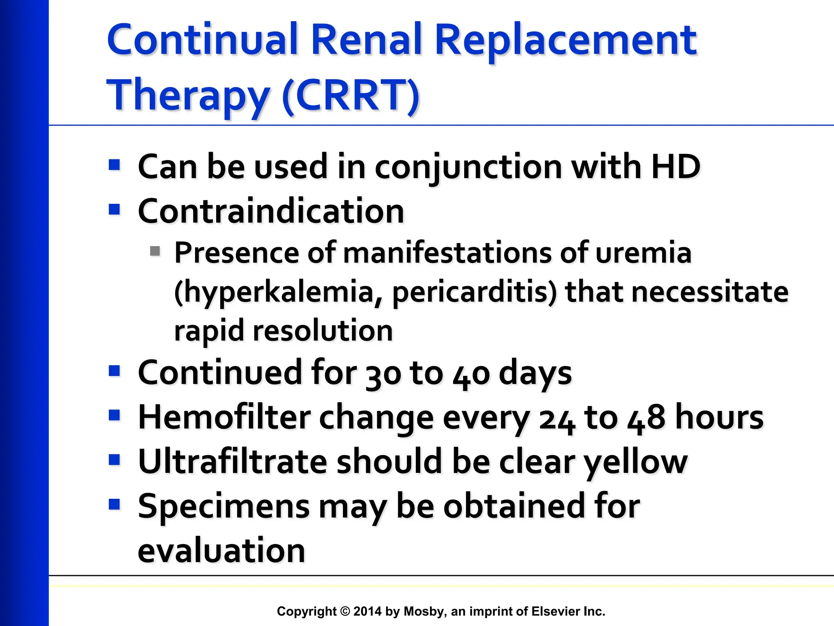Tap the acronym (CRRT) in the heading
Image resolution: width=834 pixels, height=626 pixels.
point(350,95)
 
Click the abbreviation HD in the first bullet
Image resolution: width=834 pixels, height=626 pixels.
point(676,167)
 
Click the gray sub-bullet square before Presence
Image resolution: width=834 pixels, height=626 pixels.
point(155,251)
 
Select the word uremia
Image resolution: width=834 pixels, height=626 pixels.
point(643,253)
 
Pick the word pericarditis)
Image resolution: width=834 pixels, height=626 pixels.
point(474,292)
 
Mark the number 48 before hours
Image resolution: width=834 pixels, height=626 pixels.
point(646,418)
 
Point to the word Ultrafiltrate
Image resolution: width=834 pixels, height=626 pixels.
point(233,462)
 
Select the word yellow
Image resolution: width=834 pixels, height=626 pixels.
point(636,463)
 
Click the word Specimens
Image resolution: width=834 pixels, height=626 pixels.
point(224,507)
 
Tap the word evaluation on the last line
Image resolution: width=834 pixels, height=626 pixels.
point(222,551)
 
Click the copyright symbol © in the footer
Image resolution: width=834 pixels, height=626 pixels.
point(345,611)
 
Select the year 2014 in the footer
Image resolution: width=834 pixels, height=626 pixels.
point(367,611)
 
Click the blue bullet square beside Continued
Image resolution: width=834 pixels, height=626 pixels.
point(114,371)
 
